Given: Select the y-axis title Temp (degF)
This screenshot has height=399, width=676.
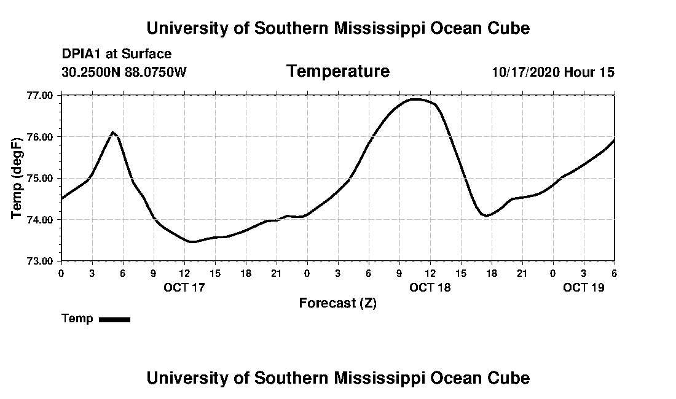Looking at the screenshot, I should [x=18, y=178].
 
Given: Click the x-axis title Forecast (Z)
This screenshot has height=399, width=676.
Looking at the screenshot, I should [x=337, y=303].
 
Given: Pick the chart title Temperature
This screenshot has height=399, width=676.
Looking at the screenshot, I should [x=337, y=72].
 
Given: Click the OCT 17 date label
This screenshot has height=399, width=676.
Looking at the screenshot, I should [x=184, y=287].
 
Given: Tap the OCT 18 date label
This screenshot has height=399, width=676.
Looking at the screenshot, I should [x=430, y=287].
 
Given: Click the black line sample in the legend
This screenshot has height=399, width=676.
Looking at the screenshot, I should [x=115, y=319].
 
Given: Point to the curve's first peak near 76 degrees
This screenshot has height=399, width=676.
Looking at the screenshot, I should [x=113, y=132].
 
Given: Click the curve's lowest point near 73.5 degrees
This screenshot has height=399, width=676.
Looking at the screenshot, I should [x=192, y=242].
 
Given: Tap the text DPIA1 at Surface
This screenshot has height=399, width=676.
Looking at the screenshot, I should [x=117, y=54].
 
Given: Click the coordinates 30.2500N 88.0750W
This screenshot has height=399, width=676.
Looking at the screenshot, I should [x=124, y=72].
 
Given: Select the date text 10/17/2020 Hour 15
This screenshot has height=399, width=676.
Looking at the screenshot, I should [x=553, y=72].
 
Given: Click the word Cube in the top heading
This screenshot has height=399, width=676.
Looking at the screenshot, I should [x=508, y=28].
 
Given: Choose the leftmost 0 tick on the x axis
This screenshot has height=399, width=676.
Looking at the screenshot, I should [x=61, y=273].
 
